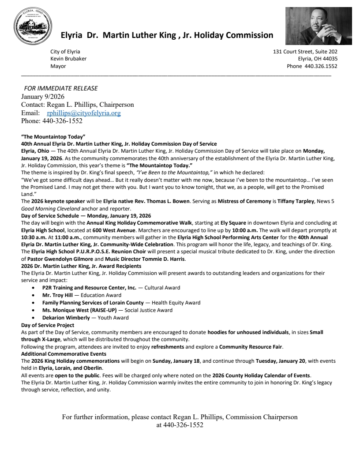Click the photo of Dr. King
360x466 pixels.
pyautogui.click(x=312, y=26)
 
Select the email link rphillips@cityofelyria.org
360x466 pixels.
pyautogui.click(x=83, y=113)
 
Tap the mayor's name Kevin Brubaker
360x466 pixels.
pyautogui.click(x=68, y=59)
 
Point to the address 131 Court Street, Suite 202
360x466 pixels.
pyautogui.click(x=305, y=51)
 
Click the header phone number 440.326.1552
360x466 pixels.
pyautogui.click(x=321, y=66)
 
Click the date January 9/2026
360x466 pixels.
pyautogui.click(x=43, y=97)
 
